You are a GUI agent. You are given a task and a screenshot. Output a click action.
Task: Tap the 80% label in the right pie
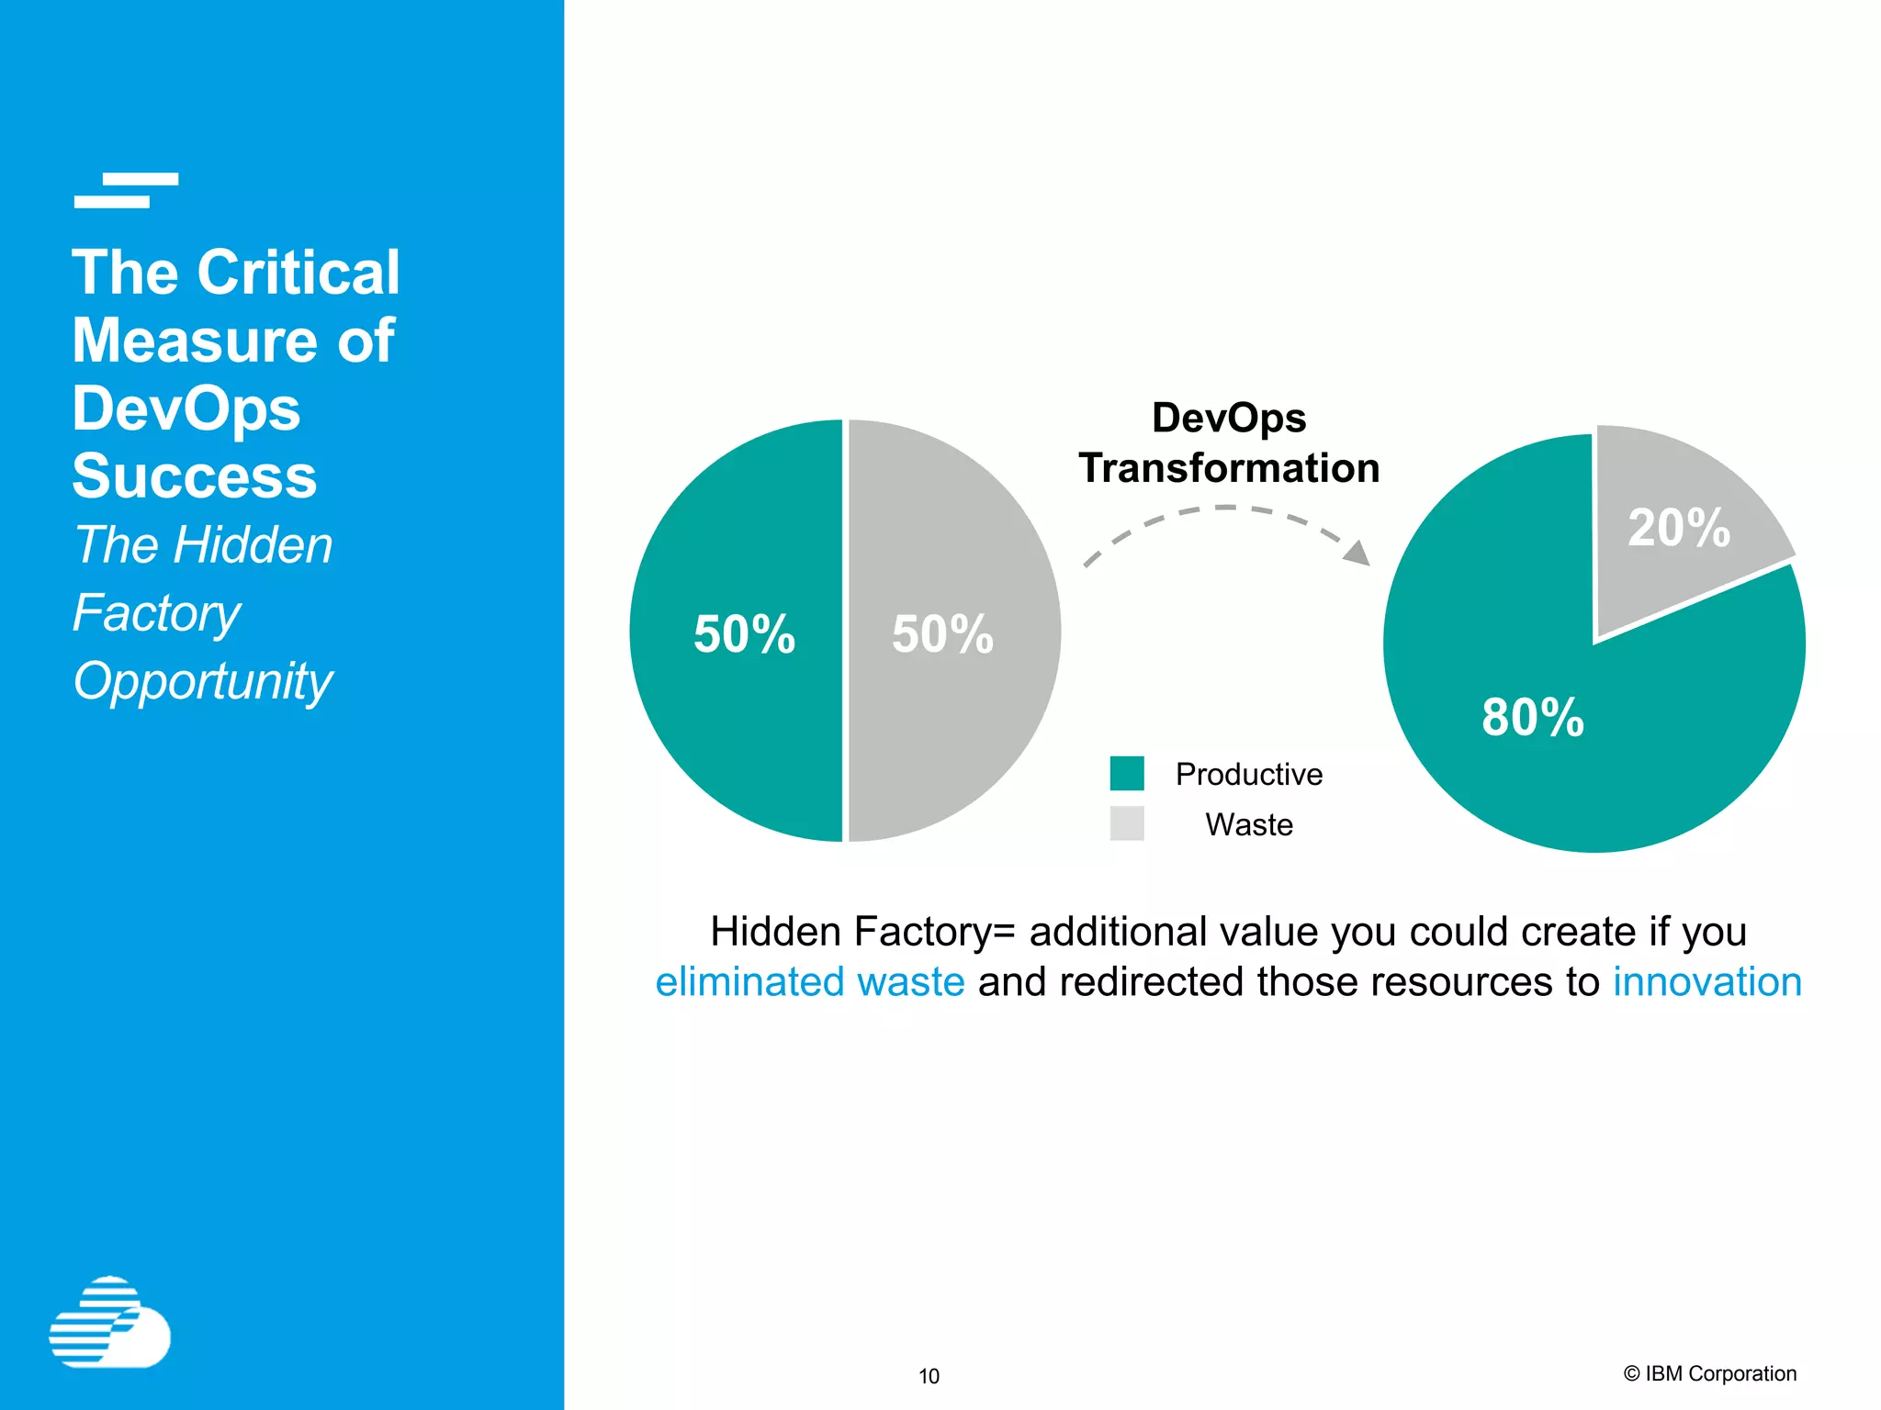1533,717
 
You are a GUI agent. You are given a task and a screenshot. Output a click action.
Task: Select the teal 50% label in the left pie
744,634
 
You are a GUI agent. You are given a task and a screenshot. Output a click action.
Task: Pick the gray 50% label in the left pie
942,634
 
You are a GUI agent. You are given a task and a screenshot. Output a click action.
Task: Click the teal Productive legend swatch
1127,773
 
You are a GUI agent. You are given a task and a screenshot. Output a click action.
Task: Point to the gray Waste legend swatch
1127,823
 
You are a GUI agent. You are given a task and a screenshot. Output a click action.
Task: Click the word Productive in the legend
1249,774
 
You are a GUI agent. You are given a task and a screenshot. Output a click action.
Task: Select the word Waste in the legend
1249,824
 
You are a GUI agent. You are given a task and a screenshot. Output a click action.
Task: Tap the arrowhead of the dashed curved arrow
1357,553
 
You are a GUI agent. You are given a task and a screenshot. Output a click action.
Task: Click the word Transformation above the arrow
1229,468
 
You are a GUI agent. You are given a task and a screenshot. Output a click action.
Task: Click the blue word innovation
1707,981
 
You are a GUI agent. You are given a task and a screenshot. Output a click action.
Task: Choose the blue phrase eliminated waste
810,981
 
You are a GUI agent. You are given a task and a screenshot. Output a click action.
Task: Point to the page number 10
929,1376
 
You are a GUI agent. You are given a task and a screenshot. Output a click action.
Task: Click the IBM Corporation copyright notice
1710,1373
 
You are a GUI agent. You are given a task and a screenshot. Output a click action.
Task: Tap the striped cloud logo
109,1322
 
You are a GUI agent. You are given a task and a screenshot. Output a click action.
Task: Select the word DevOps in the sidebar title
186,408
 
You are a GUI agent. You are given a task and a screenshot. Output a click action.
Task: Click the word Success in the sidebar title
195,476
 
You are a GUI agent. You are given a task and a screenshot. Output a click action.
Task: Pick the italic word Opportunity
203,681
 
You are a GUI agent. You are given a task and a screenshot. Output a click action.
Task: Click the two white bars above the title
126,190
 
